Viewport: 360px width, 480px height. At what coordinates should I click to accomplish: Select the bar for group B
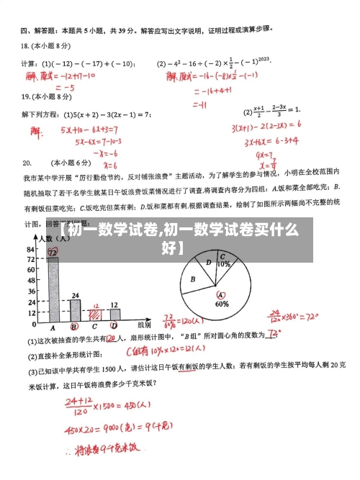click(74, 309)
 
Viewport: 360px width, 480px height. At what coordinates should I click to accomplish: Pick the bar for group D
click(114, 314)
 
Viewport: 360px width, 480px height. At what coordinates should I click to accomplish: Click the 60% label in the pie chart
click(222, 304)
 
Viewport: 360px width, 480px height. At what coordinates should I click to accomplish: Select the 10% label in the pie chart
click(224, 264)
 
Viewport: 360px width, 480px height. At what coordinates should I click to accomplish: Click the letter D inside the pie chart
click(208, 263)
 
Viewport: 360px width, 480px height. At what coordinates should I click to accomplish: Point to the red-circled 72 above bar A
click(53, 252)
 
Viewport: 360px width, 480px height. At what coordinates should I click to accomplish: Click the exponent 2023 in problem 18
click(264, 59)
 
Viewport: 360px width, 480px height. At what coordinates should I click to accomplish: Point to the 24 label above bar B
click(75, 295)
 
